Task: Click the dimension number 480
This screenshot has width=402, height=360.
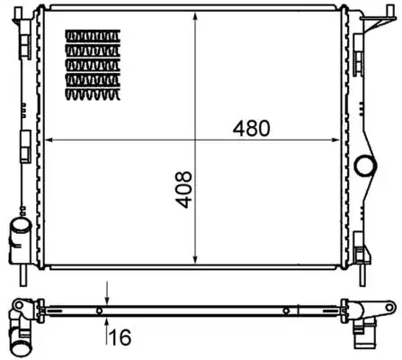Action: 253,128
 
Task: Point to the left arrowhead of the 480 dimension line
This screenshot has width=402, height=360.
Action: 49,139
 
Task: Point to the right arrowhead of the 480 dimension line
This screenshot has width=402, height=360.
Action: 345,139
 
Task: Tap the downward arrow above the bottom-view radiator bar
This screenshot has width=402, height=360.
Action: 107,298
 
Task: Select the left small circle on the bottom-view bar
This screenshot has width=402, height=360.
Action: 99,311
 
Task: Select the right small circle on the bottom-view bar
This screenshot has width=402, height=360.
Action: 286,311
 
